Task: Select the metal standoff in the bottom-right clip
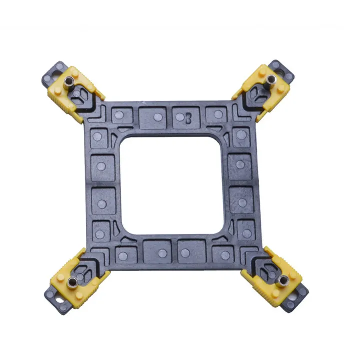pos(283,279)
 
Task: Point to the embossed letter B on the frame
pos(188,118)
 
